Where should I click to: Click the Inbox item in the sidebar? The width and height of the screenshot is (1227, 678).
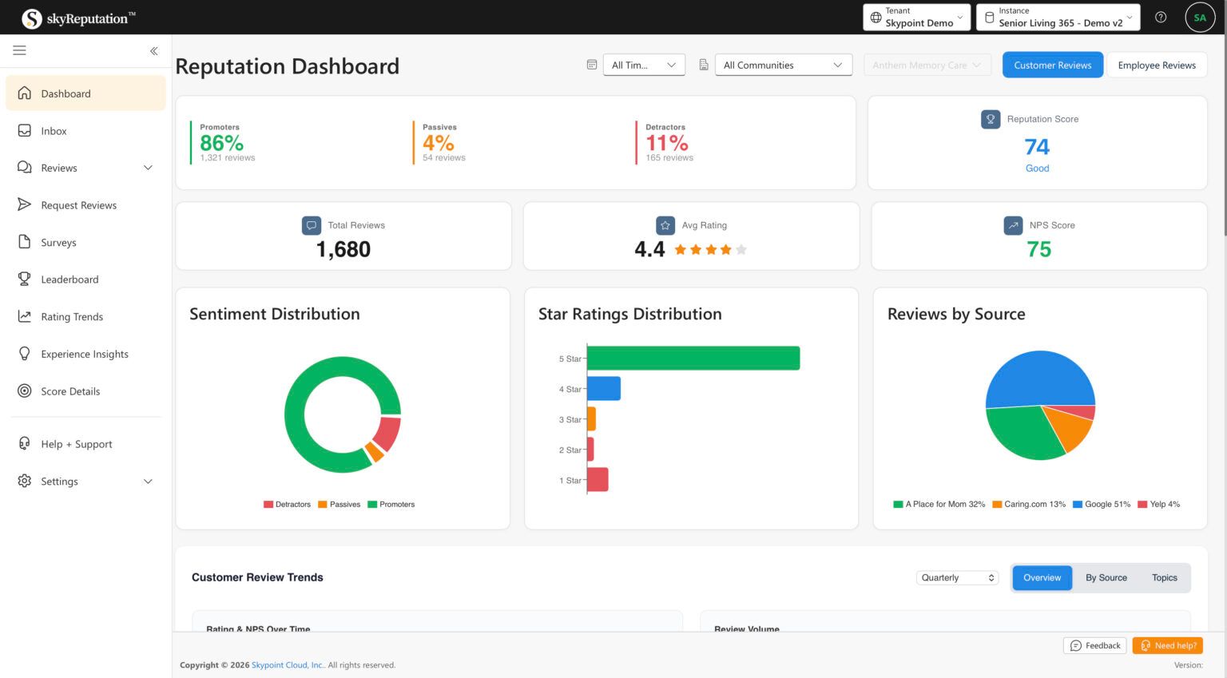[x=54, y=131]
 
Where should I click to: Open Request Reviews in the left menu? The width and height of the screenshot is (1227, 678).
[x=78, y=205]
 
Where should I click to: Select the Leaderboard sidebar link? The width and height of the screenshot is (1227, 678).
[x=69, y=280]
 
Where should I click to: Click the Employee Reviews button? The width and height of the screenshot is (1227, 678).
[x=1156, y=65]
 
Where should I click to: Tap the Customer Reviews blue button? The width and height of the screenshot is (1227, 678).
[x=1052, y=65]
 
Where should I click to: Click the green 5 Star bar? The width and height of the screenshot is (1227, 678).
[x=693, y=359]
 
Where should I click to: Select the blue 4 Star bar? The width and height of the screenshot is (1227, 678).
[x=604, y=389]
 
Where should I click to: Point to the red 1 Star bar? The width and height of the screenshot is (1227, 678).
[x=598, y=480]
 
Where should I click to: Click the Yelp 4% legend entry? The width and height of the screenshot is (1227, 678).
[x=1158, y=505]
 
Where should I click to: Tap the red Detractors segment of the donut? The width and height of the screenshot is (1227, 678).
[x=387, y=433]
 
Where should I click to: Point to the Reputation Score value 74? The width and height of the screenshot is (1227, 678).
[x=1037, y=147]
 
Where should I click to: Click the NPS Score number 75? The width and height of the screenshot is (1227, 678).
[x=1038, y=250]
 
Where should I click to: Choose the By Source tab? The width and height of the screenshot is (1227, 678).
[x=1106, y=578]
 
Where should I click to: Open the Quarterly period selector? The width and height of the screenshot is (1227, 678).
[x=957, y=578]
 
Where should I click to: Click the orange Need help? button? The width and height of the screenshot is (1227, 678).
[x=1167, y=646]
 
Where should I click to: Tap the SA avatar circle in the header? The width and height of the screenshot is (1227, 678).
[x=1199, y=18]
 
